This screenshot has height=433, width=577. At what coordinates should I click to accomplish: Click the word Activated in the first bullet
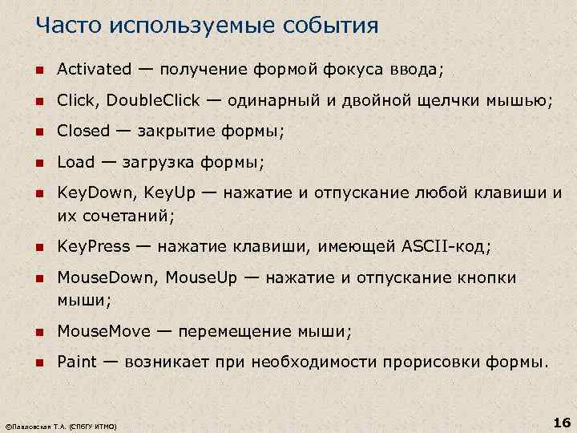pyautogui.click(x=94, y=70)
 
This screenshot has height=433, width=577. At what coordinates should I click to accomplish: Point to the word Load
pyautogui.click(x=75, y=162)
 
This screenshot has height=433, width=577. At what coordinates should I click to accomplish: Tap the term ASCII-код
pyautogui.click(x=445, y=246)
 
